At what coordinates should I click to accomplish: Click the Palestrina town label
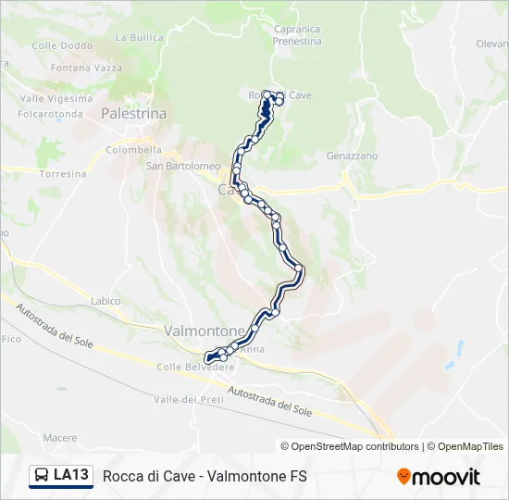tap(133, 113)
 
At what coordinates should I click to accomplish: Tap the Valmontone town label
tap(205, 331)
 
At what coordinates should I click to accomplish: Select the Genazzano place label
tap(352, 156)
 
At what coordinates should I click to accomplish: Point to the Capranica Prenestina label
tap(297, 35)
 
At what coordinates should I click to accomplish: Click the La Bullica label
tap(139, 38)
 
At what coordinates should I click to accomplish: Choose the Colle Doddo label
tap(62, 45)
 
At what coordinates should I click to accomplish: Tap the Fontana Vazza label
tap(86, 69)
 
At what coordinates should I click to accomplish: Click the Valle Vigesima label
tap(57, 98)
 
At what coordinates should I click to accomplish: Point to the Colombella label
tap(134, 150)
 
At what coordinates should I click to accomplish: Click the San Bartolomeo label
tap(181, 167)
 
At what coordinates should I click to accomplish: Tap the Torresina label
tap(63, 174)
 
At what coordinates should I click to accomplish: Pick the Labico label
tap(106, 301)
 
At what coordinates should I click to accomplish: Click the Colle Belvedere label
tap(195, 367)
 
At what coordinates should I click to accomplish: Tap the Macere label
tap(60, 437)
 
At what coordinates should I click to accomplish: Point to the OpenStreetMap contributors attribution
tap(350, 446)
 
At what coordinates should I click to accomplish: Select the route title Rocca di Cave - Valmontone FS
tap(205, 476)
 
